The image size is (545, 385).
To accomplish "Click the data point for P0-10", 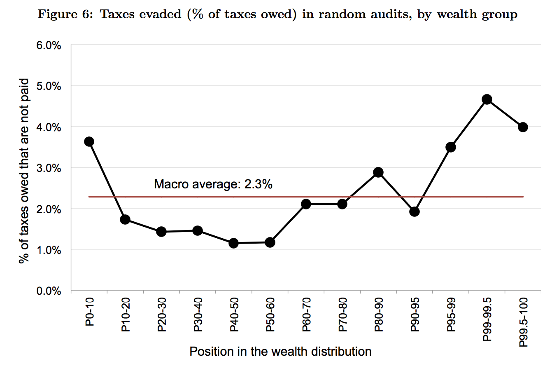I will [x=89, y=142].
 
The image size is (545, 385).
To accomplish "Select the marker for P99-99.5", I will [x=487, y=99].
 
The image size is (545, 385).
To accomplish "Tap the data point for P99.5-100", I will [x=523, y=127].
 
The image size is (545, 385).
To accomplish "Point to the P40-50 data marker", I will [x=233, y=243].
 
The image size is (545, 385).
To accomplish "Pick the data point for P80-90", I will [x=378, y=172].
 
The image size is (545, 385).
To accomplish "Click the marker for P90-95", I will [x=415, y=211].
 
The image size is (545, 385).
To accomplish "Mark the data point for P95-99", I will [x=451, y=147].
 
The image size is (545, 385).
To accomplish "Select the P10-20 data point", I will [x=125, y=219].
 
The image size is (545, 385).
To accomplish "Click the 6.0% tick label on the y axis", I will [x=49, y=45].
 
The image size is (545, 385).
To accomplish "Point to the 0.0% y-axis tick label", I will [x=49, y=291].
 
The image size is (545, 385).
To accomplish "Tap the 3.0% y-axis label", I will [x=49, y=168].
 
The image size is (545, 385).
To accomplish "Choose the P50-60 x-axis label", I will [x=270, y=315].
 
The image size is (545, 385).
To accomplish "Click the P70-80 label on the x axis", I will [x=342, y=315].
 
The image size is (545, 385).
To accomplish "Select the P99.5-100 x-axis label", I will [x=523, y=322].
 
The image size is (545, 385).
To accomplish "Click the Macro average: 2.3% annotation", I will [x=213, y=184].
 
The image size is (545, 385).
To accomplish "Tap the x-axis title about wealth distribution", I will [x=280, y=352].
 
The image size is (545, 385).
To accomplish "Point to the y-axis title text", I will [x=24, y=170].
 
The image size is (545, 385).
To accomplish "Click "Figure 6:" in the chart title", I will [x=63, y=14].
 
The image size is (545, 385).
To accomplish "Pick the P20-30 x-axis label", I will [x=162, y=315].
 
